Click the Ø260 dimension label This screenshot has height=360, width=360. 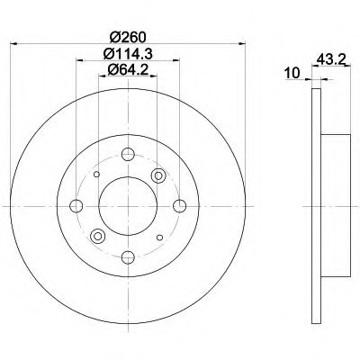(x=128, y=37)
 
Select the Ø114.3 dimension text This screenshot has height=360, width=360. (x=128, y=54)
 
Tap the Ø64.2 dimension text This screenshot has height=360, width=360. (x=128, y=70)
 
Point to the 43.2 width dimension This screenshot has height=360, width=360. (x=329, y=59)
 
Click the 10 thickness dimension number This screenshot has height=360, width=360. (x=292, y=73)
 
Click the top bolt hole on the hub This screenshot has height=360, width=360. (x=128, y=154)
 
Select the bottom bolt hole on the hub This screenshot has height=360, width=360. (x=128, y=257)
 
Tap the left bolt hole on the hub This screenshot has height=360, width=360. (x=76, y=206)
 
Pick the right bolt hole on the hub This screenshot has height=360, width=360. (x=180, y=206)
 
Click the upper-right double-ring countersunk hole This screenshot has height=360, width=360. (x=158, y=175)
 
